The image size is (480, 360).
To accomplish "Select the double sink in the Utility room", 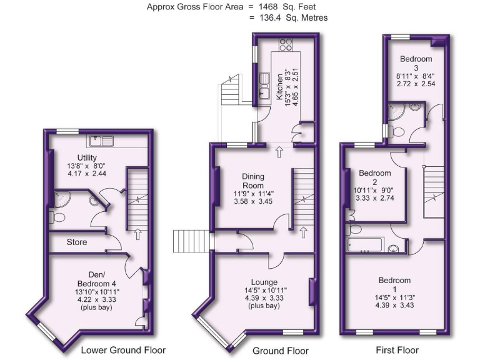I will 101,141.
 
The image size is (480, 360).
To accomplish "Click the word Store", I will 76,242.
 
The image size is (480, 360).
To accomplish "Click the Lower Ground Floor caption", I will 123,351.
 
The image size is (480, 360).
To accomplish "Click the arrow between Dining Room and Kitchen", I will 279,152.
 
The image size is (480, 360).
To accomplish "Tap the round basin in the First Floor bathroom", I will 393,251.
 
